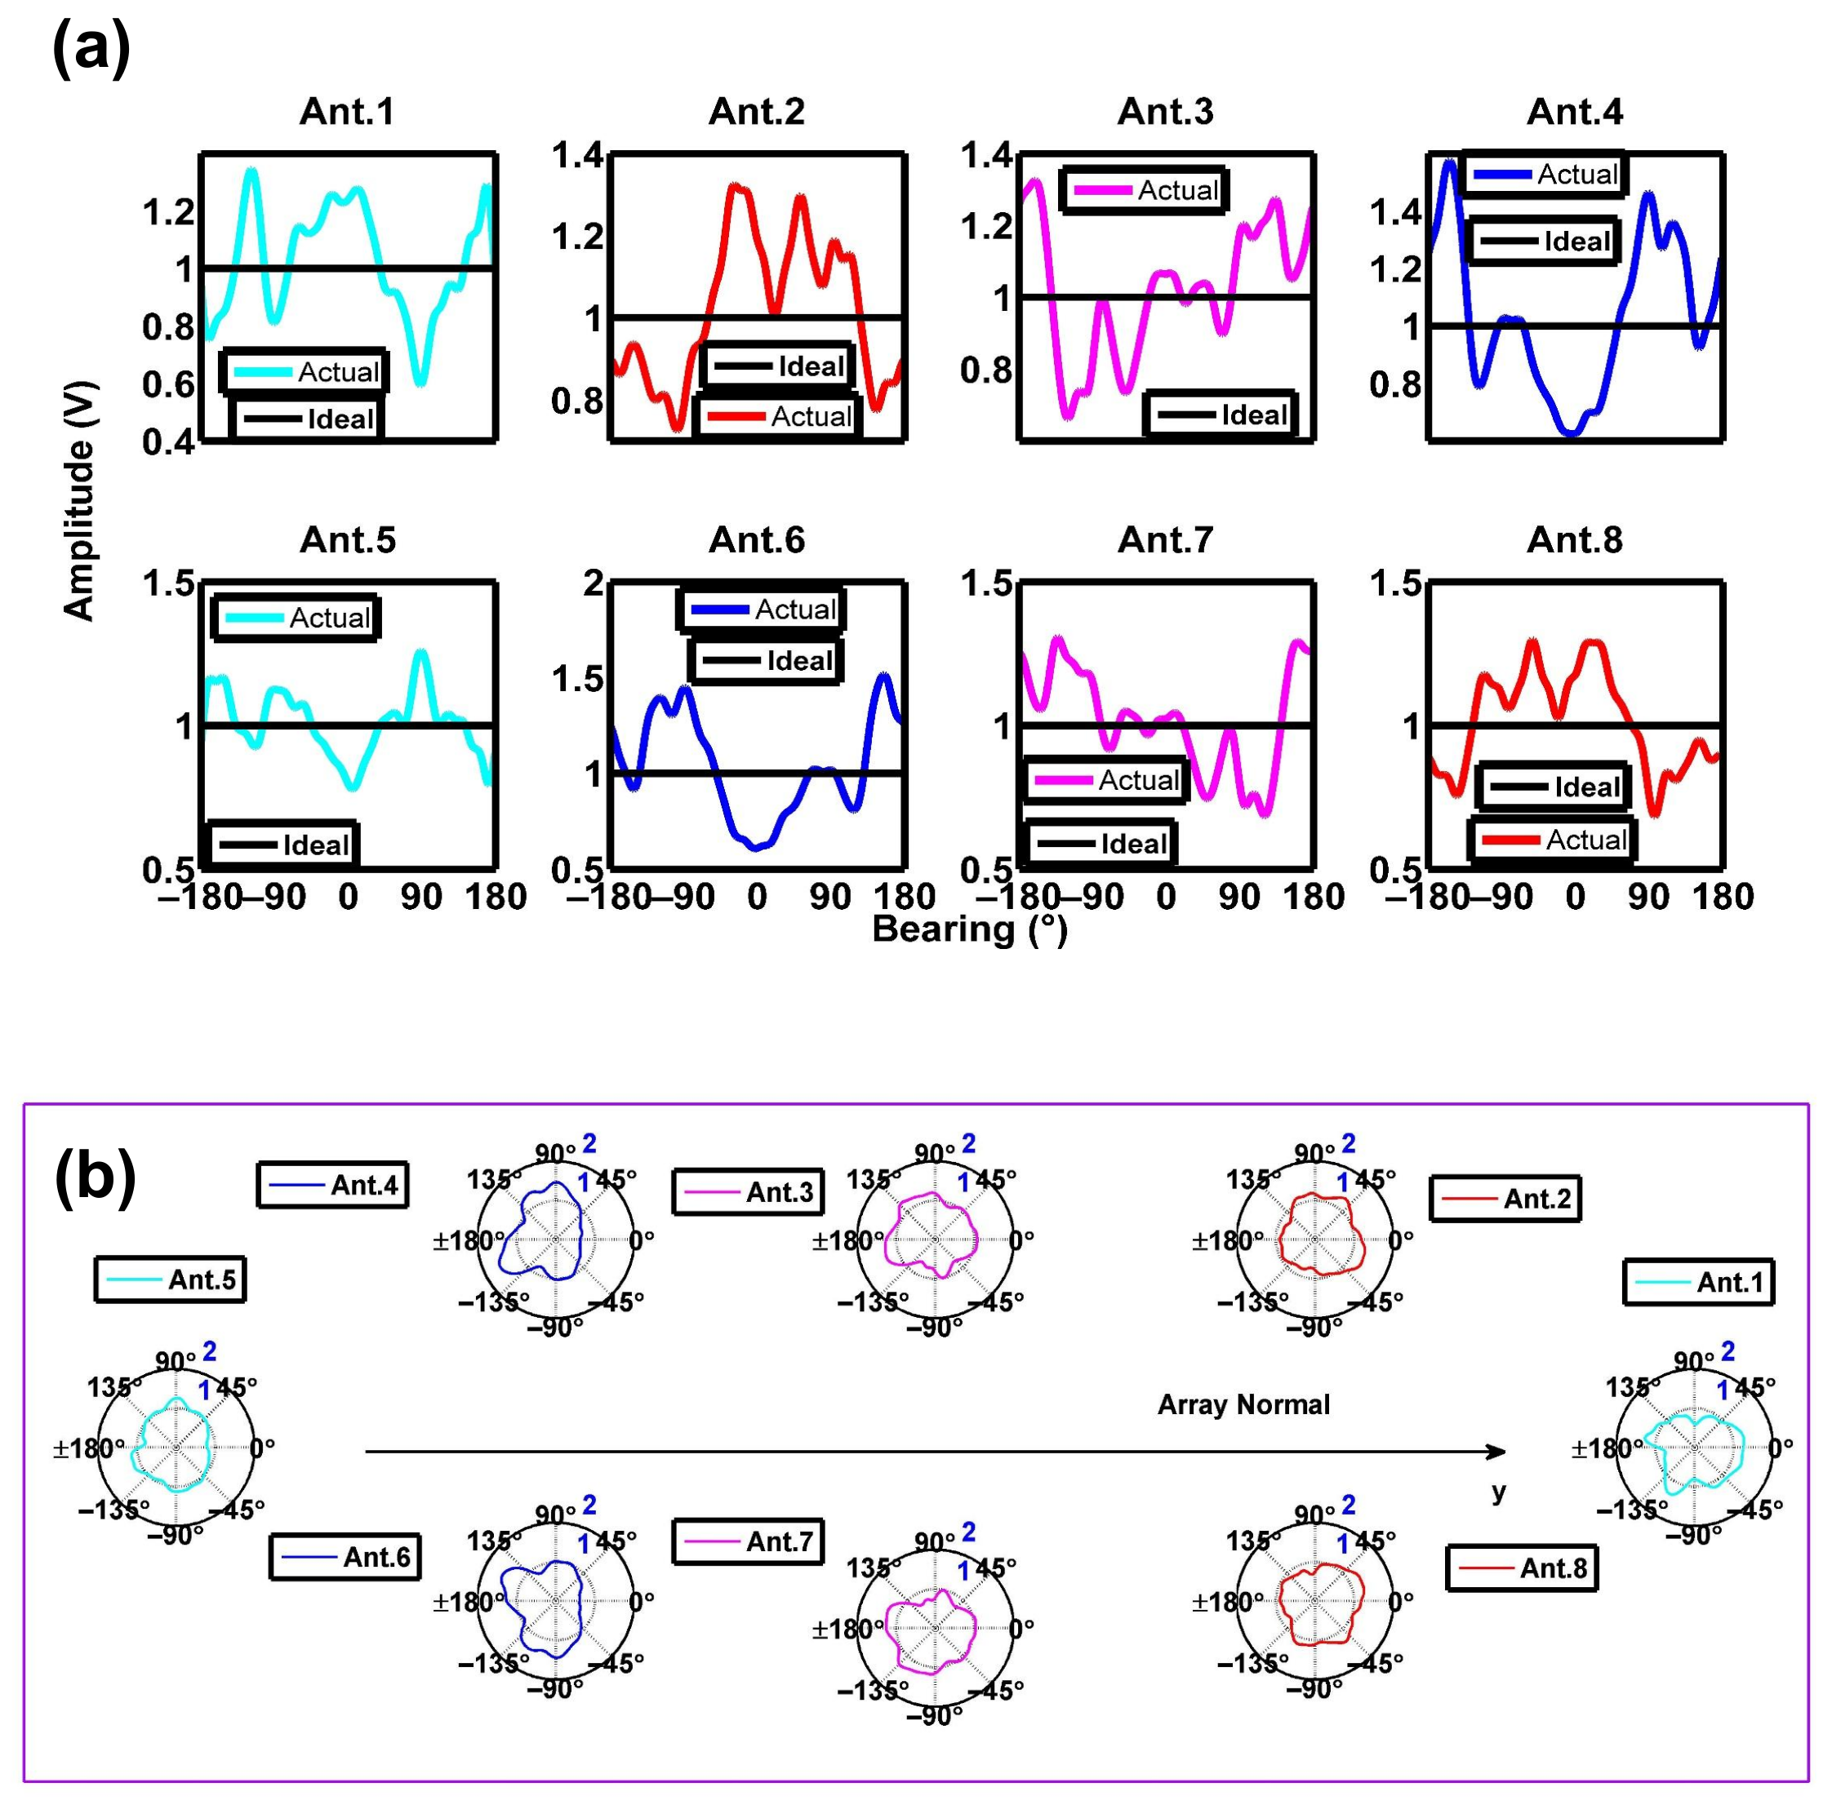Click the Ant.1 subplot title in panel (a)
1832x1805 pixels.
tap(346, 112)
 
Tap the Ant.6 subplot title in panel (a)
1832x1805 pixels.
tap(756, 540)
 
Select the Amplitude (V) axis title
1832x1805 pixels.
tap(78, 500)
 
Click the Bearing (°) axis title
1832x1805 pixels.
tap(969, 929)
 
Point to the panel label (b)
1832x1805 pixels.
tap(95, 1177)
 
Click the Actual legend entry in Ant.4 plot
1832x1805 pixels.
tap(1544, 175)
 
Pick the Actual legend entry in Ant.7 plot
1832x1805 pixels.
tap(1106, 780)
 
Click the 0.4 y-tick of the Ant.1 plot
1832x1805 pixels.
tap(168, 441)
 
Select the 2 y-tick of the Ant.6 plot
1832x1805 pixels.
tap(594, 583)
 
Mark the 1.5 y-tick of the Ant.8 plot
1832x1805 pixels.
tap(1396, 583)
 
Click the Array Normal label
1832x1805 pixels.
tap(1243, 1404)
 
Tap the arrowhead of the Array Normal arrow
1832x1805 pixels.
tap(1497, 1452)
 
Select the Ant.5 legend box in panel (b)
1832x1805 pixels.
tap(171, 1279)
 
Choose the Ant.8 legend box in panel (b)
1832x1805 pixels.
tap(1521, 1568)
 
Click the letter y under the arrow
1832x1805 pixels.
tap(1498, 1492)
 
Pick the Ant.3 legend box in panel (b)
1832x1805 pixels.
tap(748, 1191)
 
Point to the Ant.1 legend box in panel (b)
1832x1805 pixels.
tap(1697, 1283)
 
